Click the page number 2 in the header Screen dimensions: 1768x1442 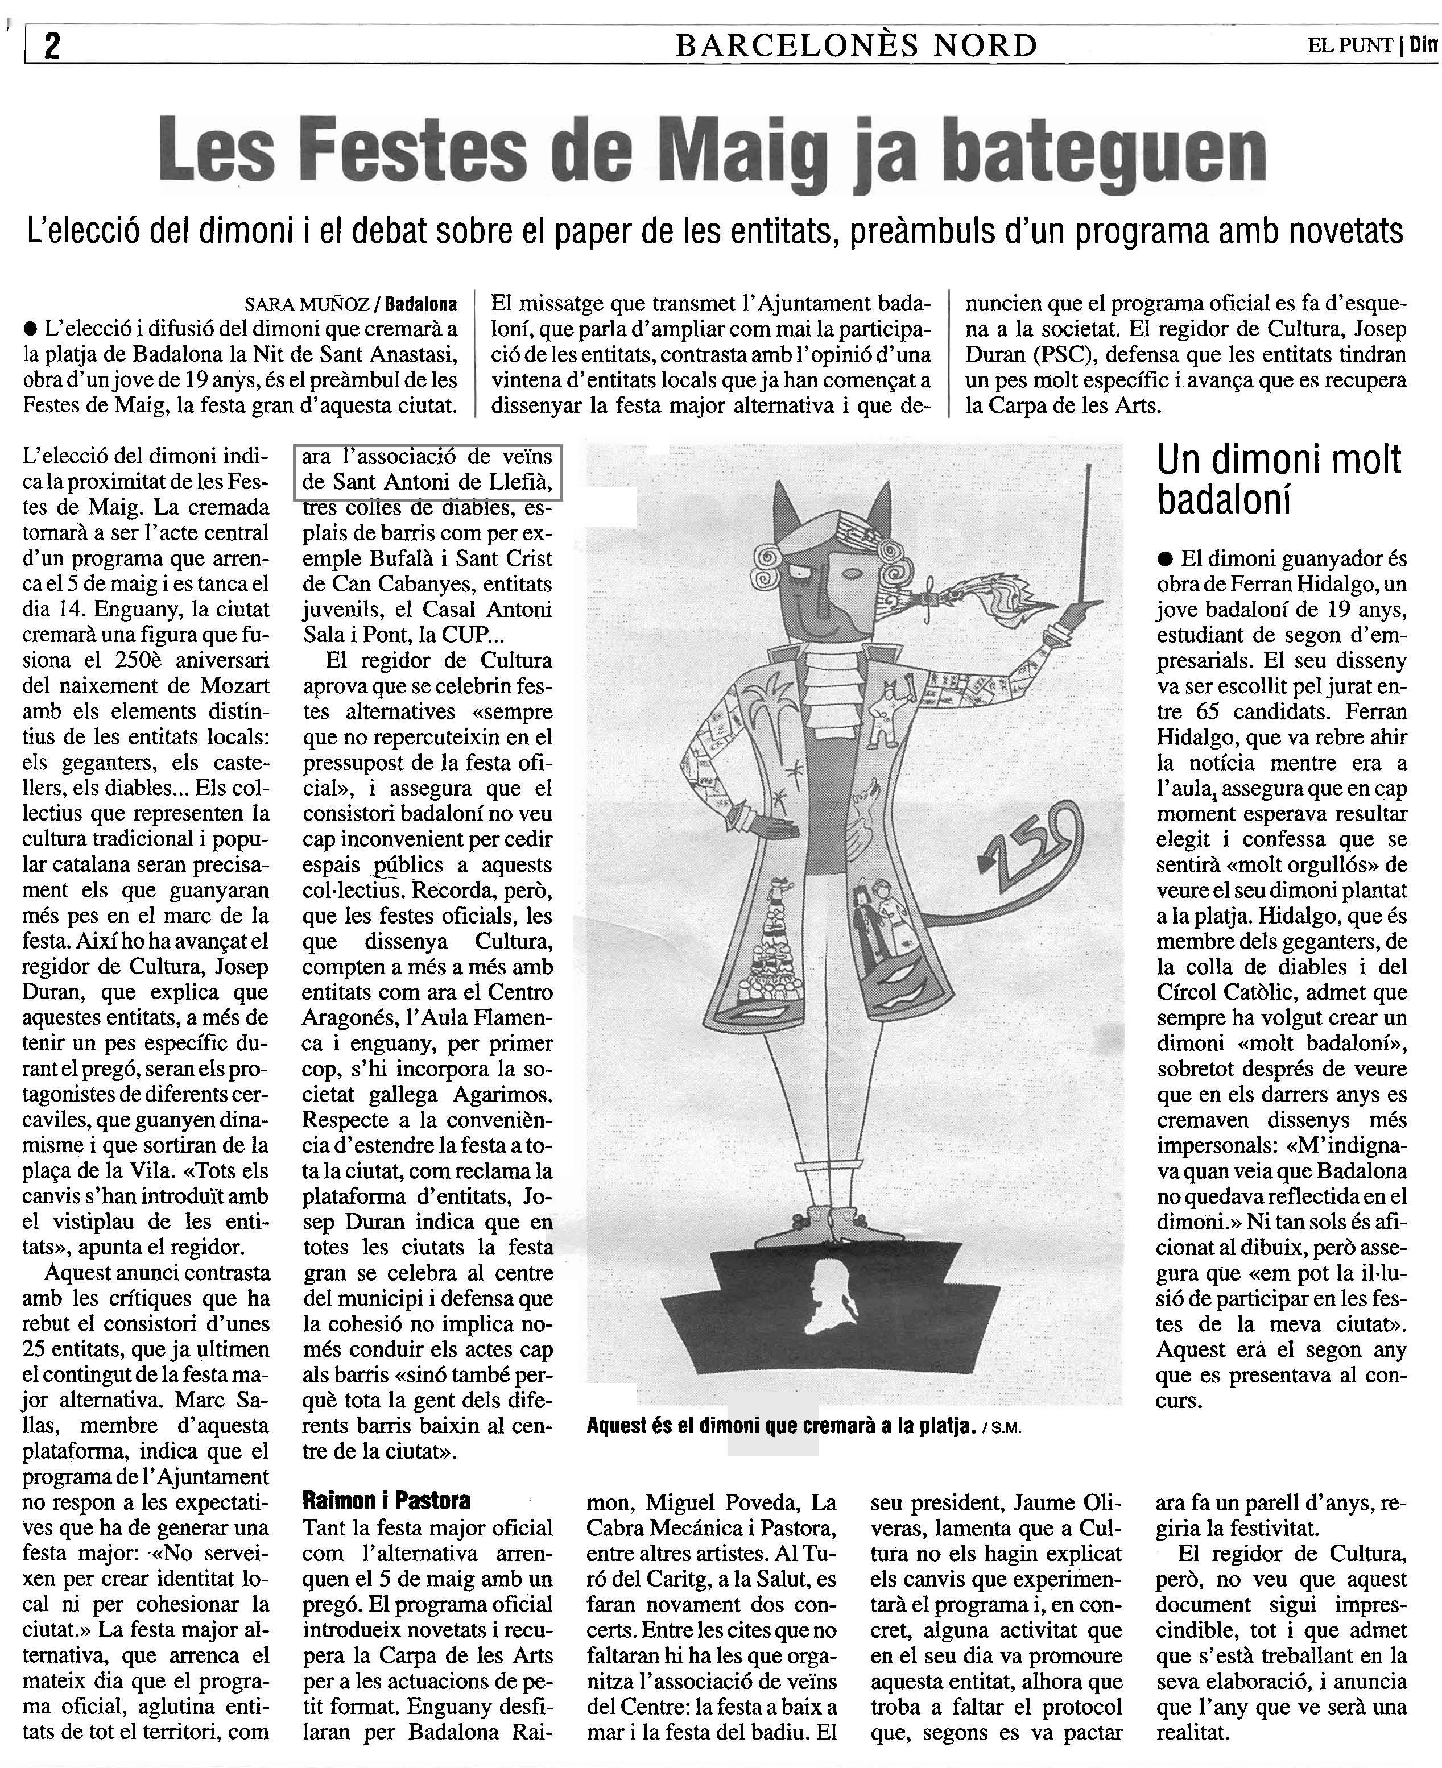pos(52,45)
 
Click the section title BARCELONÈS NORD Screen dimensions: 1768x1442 pos(857,45)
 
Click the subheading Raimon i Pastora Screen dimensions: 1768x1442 pos(386,1501)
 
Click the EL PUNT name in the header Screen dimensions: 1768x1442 pos(1350,45)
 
